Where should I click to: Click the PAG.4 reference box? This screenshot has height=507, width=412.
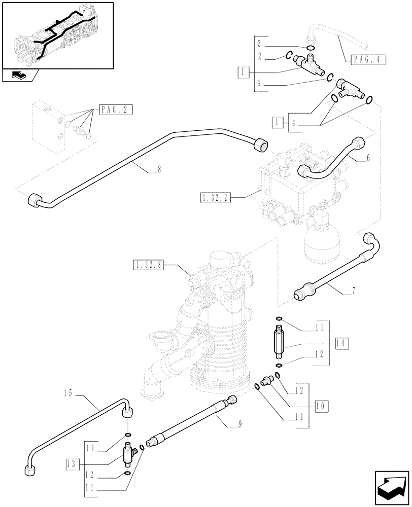tap(368, 59)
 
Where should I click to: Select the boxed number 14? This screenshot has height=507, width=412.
tap(340, 343)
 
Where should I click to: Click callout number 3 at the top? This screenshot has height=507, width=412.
tap(259, 42)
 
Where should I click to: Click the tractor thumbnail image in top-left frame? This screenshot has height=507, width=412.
tap(57, 35)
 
